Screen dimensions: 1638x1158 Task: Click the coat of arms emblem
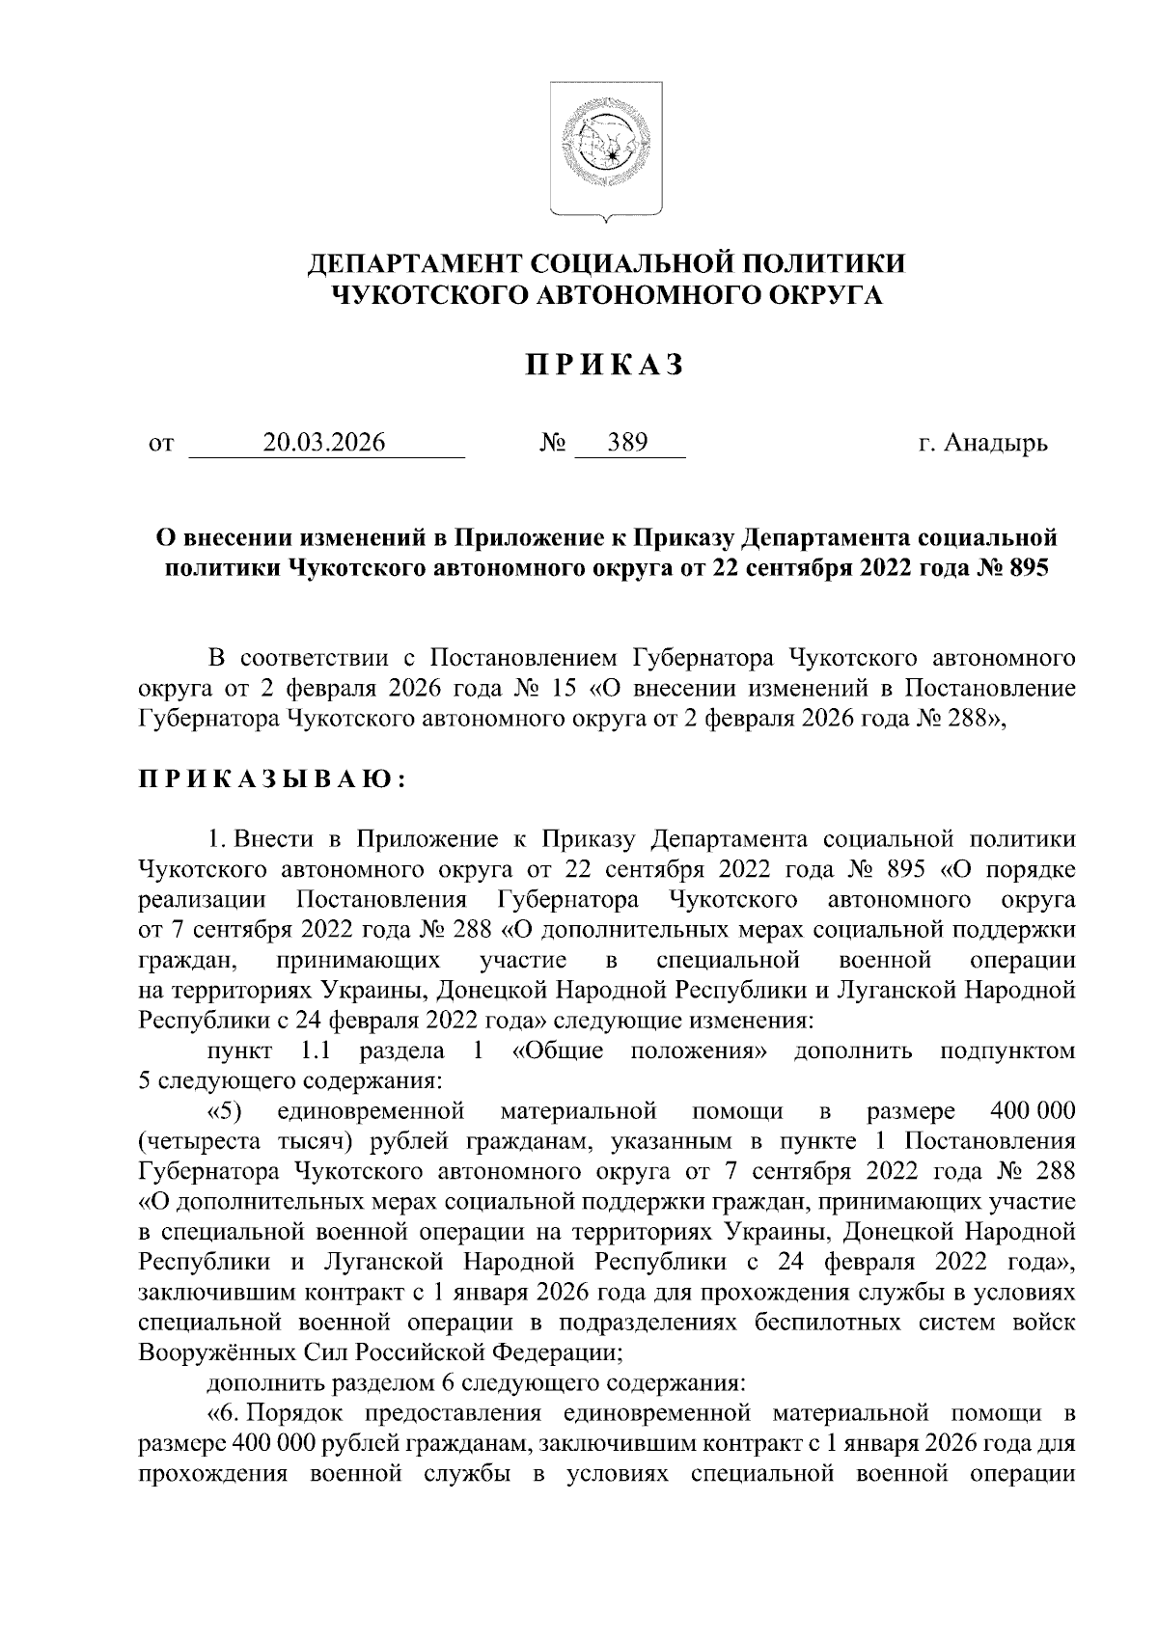pos(606,149)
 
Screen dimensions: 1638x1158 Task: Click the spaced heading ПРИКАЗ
pos(605,365)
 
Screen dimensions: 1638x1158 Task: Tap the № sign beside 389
pos(553,444)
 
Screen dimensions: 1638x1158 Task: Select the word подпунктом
pos(1006,1050)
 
